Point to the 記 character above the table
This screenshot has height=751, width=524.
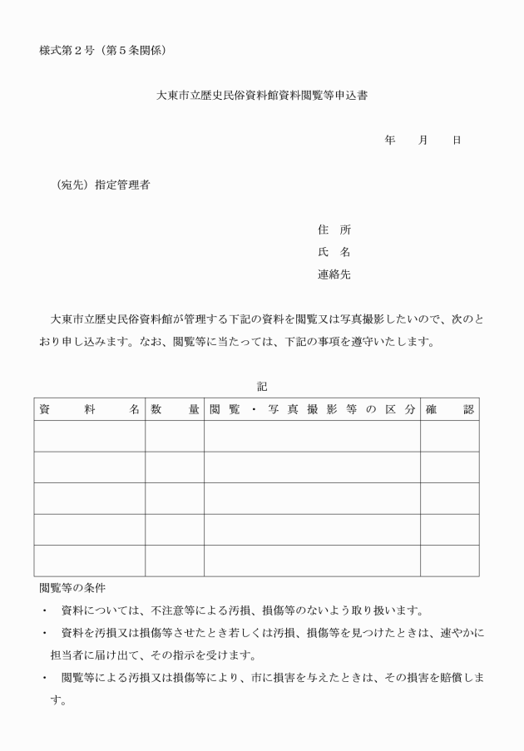[262, 386]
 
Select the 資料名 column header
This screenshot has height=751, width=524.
[89, 409]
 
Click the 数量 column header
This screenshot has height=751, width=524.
[175, 409]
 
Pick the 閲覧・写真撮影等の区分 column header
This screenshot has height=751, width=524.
[312, 409]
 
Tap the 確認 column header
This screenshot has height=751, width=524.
[449, 409]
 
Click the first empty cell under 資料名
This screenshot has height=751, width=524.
[89, 437]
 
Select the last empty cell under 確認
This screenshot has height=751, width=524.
[449, 561]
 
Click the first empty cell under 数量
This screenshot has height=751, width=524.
[175, 437]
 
